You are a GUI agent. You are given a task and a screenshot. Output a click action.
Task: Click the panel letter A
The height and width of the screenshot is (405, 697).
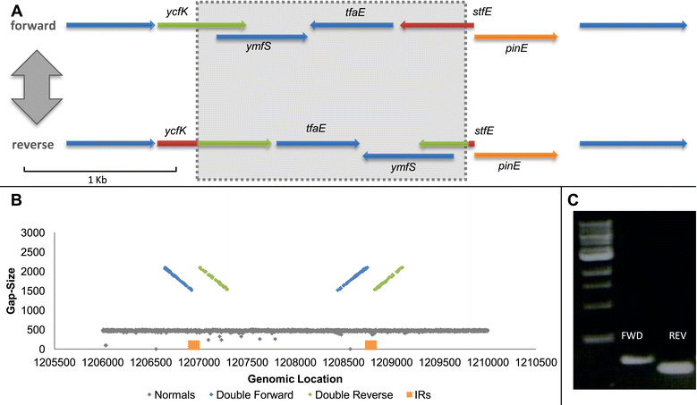coord(16,10)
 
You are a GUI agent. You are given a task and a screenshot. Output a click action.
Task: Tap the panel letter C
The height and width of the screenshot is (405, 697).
coord(573,200)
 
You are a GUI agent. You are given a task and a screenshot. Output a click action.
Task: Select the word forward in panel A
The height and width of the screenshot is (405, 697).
coord(33,26)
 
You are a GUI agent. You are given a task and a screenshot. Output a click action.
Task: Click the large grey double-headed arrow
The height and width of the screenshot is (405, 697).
coord(37,87)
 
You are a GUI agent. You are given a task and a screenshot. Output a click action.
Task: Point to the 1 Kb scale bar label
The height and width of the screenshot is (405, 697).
coord(98,180)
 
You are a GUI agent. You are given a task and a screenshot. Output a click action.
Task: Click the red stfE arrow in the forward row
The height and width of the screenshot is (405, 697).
coord(437,25)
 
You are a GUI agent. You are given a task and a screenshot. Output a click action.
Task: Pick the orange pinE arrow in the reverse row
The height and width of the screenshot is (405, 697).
coord(516,155)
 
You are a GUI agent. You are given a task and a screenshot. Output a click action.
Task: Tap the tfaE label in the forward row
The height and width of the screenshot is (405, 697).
coord(355,12)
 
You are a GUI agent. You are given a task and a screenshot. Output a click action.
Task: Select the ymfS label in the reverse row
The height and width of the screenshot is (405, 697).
coord(404,167)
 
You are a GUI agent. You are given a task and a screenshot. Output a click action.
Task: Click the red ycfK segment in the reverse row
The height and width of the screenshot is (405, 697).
coord(177,143)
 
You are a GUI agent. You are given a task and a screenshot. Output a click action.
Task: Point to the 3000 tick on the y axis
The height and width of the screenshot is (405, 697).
coord(33,232)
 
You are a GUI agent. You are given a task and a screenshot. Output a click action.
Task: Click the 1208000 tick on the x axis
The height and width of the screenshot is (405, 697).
coord(295,362)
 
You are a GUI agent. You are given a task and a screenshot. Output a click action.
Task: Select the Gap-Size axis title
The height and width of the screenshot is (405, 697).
coord(11,291)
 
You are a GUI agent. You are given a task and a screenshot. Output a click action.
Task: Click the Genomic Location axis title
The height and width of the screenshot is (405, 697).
coord(295,379)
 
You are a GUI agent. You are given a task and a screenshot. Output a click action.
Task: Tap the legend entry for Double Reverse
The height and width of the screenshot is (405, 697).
coord(351,395)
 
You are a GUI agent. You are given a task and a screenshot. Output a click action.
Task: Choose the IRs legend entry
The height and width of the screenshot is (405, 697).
coord(418,395)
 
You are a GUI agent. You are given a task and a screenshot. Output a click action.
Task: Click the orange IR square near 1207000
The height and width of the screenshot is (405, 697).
coord(194,345)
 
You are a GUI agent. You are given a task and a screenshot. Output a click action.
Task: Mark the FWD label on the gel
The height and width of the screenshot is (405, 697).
coord(632,336)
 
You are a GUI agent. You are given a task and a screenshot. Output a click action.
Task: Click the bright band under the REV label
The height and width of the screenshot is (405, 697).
coord(676,367)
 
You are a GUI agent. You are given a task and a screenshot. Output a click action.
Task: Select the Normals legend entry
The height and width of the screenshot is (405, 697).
coord(172,395)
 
